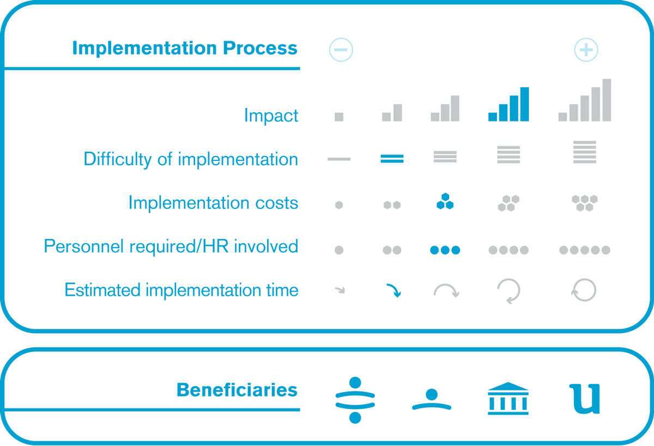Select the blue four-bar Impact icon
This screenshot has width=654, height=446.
click(x=508, y=104)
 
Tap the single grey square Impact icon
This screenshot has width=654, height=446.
click(x=338, y=117)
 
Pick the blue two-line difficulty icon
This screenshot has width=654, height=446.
click(x=392, y=159)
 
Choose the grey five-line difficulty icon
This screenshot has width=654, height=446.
click(x=584, y=152)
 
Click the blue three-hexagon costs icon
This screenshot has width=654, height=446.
click(x=445, y=201)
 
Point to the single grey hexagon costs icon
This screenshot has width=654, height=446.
click(x=338, y=205)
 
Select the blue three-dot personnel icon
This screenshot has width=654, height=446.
click(x=445, y=250)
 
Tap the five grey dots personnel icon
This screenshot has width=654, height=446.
click(x=584, y=250)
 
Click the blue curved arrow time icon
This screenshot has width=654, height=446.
click(x=394, y=290)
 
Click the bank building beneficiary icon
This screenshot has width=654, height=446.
click(x=508, y=399)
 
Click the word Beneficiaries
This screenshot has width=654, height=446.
click(x=237, y=390)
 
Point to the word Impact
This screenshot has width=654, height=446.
click(x=271, y=116)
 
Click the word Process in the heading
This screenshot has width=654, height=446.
click(x=260, y=47)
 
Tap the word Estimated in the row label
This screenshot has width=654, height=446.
click(x=102, y=290)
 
